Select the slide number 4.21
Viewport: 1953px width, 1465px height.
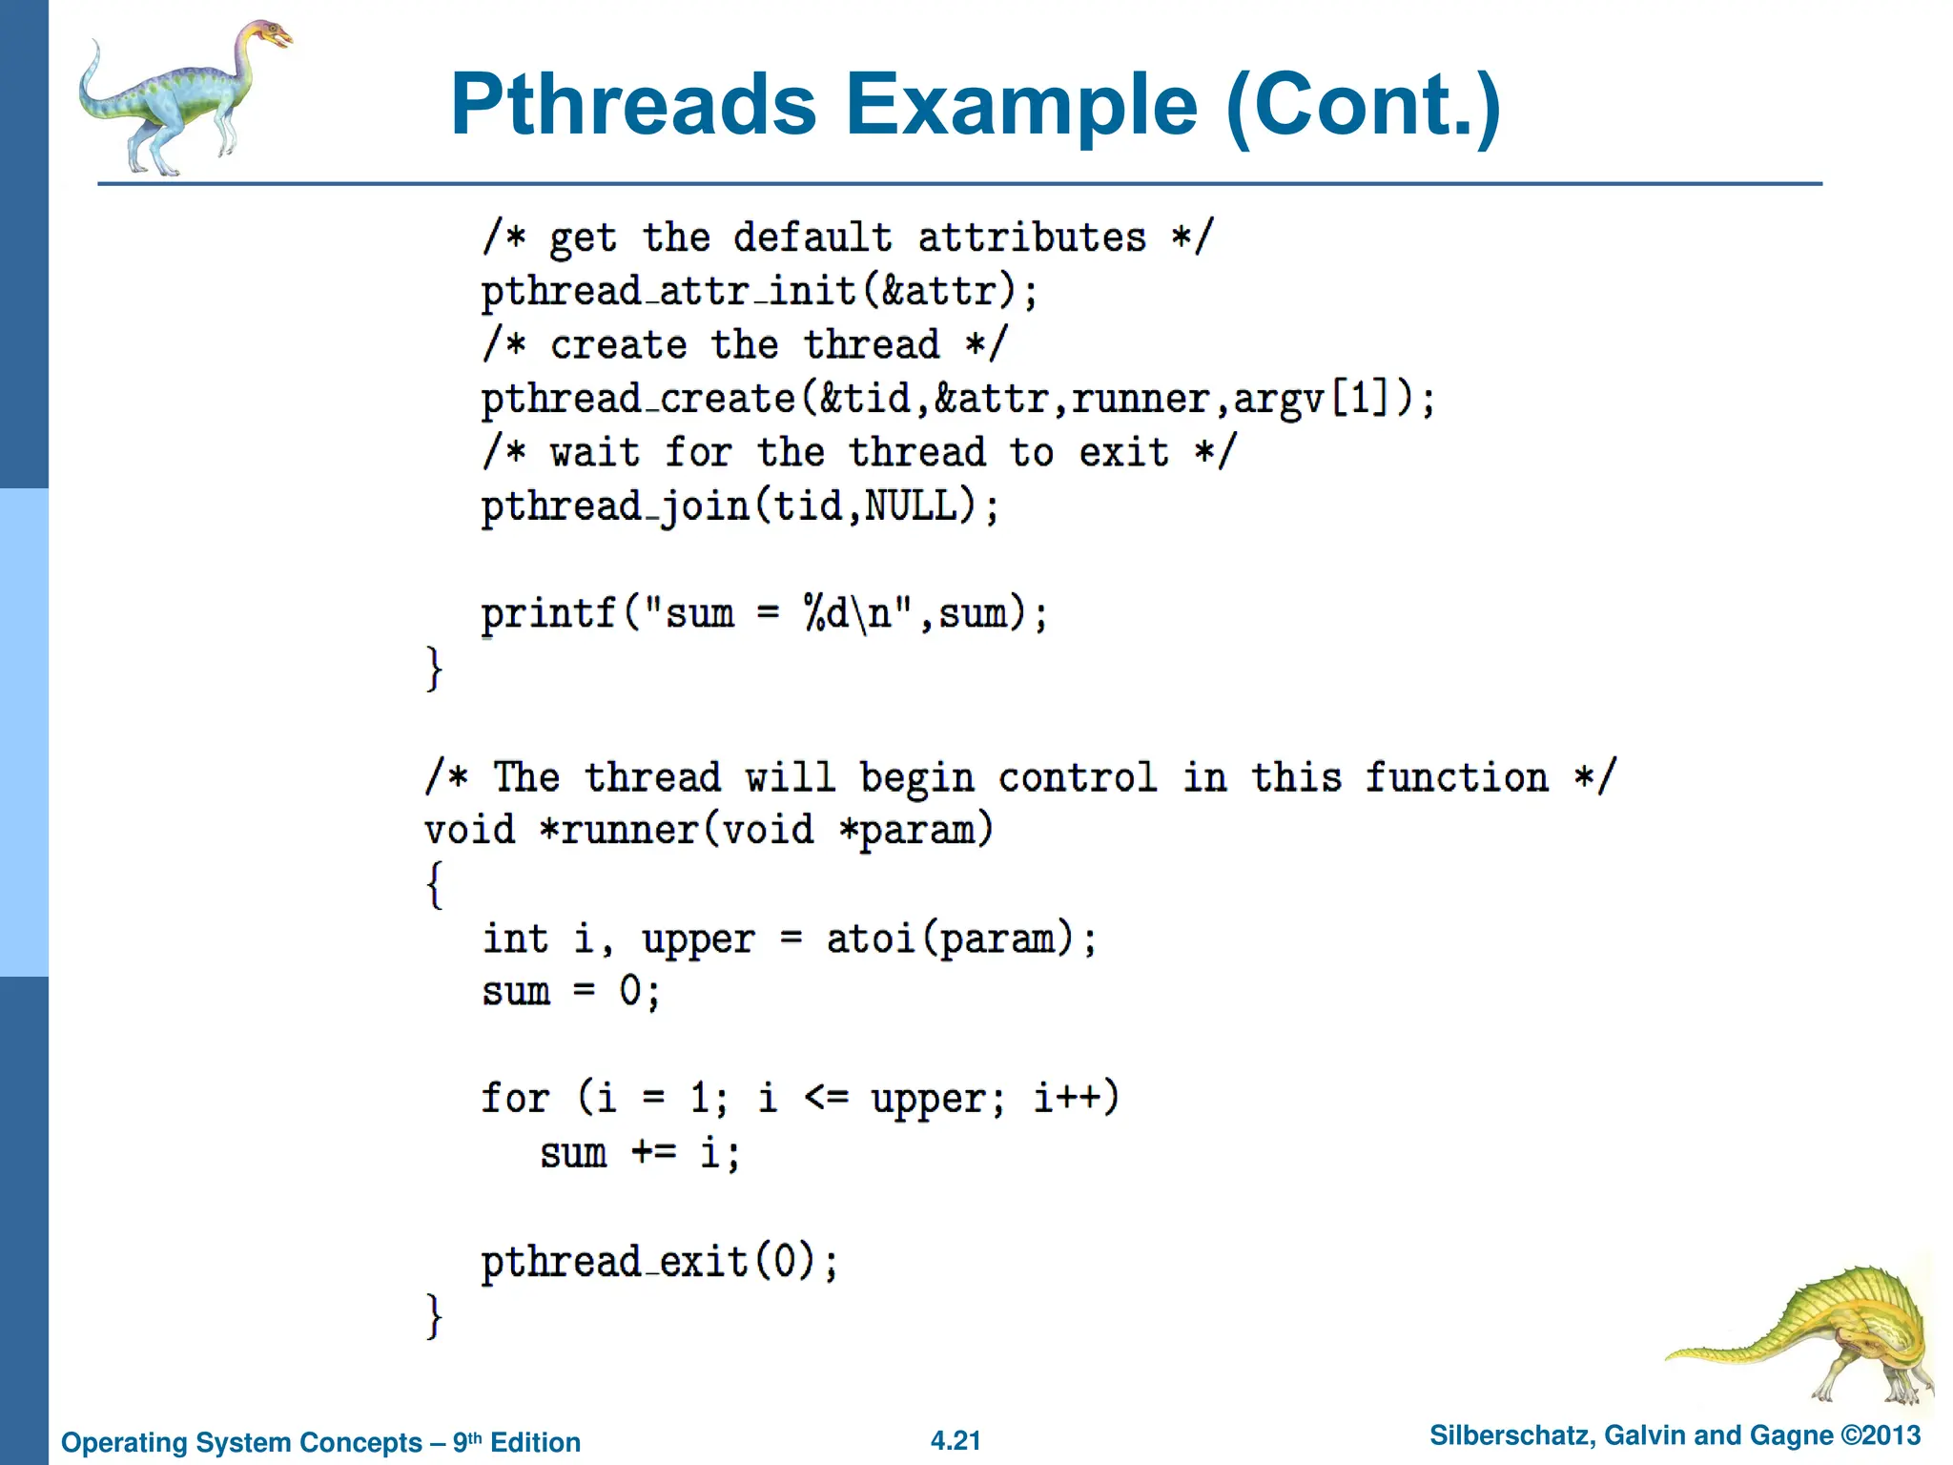[x=956, y=1441]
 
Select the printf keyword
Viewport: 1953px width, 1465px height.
[x=548, y=614]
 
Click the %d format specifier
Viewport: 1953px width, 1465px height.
[x=826, y=613]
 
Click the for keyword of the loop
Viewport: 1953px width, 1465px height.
[x=515, y=1099]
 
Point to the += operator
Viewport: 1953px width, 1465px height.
[x=653, y=1153]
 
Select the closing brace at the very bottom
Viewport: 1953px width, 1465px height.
[x=434, y=1316]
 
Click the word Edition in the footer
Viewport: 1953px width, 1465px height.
[x=535, y=1443]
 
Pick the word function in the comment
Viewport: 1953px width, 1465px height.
[x=1456, y=777]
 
